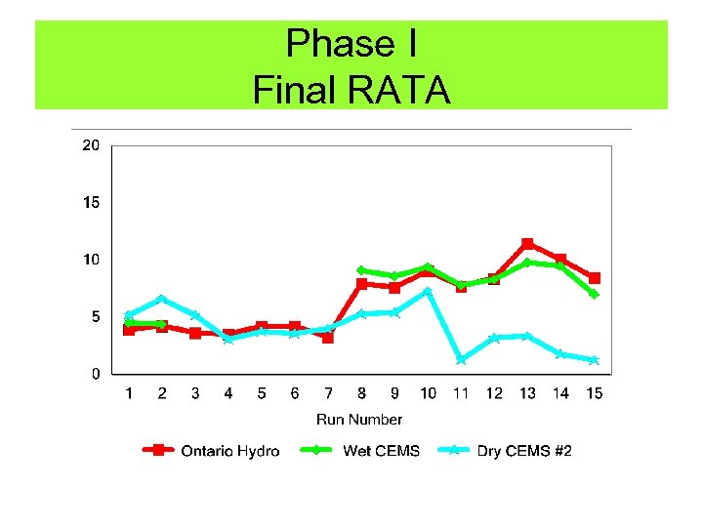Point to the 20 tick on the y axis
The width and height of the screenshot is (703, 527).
[x=90, y=145]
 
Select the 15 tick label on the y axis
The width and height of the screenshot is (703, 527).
[x=90, y=203]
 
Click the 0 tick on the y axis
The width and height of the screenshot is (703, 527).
[x=95, y=374]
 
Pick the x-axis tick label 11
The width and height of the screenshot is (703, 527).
[x=461, y=393]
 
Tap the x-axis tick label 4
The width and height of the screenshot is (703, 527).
[x=228, y=393]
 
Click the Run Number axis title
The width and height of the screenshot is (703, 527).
[x=359, y=420]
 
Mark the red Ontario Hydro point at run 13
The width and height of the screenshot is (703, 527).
[x=527, y=244]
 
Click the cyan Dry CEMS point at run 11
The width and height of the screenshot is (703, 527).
[x=461, y=359]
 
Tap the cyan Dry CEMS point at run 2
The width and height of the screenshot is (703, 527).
[x=162, y=299]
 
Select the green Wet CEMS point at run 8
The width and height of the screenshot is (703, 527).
[x=361, y=270]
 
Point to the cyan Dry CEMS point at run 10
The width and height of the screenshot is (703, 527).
[x=428, y=291]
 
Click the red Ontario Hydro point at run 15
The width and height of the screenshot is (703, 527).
[x=594, y=278]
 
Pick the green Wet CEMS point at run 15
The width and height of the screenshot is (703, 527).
[x=594, y=294]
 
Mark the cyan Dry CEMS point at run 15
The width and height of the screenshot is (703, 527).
[x=594, y=360]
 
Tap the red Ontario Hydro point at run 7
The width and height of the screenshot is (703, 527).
[x=328, y=338]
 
